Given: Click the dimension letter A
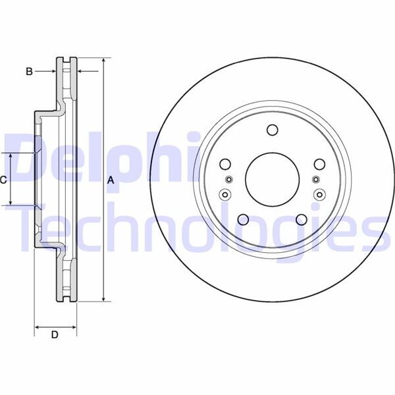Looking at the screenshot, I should point(111,180).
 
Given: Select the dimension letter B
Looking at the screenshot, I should point(29,71).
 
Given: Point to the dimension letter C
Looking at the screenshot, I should point(3,179).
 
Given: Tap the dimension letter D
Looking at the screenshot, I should point(55,335).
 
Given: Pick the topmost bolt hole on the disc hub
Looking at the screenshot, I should point(272,130).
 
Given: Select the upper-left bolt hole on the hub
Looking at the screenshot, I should point(225,164).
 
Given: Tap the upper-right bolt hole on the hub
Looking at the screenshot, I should point(319,164).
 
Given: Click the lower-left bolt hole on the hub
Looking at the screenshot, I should point(243,219).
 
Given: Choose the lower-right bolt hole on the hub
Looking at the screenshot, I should point(301,219).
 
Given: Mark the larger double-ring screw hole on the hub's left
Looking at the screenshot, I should point(225,194).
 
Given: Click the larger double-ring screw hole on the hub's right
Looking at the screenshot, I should point(319,194).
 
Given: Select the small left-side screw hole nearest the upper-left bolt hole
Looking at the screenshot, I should point(228,180).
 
